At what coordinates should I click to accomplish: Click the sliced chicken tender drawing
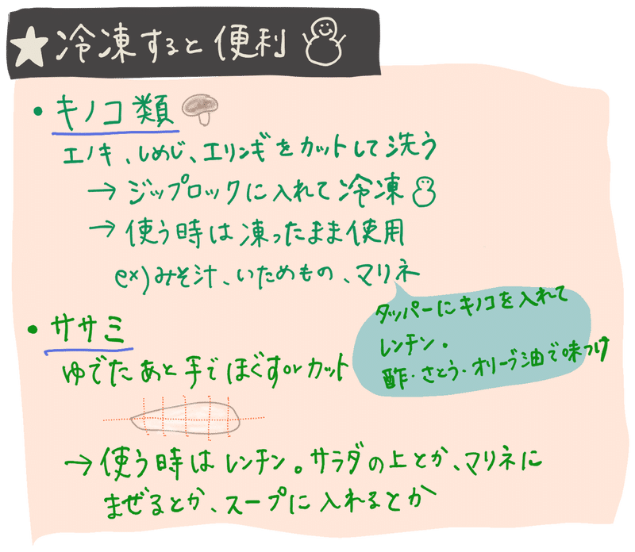coord(184,415)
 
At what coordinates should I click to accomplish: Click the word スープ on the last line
coord(253,503)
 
